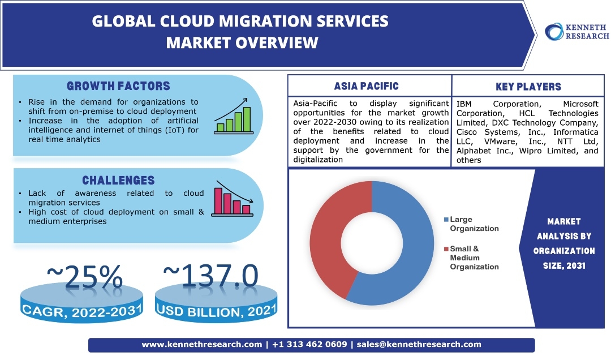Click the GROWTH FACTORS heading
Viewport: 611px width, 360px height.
pos(118,86)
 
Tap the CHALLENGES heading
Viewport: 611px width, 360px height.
pos(118,181)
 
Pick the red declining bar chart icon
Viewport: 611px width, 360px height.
pos(233,199)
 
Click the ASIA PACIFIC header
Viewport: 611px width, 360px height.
pos(366,86)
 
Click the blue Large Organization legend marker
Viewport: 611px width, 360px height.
pos(446,220)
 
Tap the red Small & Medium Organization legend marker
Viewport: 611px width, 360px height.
pos(446,248)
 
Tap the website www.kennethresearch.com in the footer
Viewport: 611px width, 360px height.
pos(201,344)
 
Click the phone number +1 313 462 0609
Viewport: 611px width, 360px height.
pos(309,344)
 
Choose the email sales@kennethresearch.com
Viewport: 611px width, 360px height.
pos(419,344)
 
